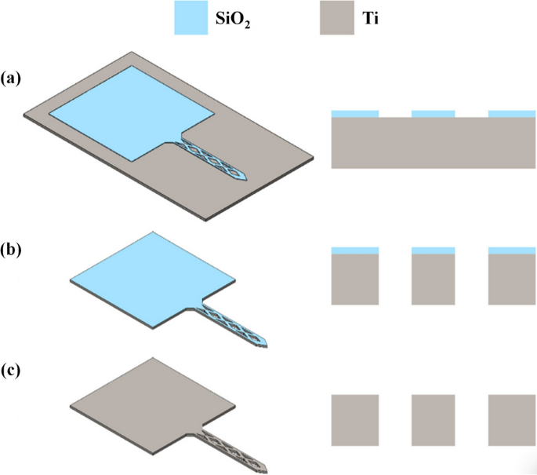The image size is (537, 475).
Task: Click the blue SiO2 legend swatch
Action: pyautogui.click(x=195, y=17)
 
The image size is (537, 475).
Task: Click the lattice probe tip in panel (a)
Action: pyautogui.click(x=245, y=175)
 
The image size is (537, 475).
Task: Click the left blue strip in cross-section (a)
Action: pyautogui.click(x=355, y=114)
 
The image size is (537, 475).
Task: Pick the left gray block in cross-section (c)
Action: pyautogui.click(x=355, y=421)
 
